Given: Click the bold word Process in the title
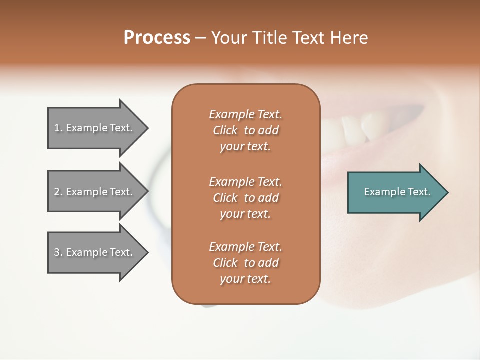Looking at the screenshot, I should tap(157, 37).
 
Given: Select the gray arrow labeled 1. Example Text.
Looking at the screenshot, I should tap(95, 128).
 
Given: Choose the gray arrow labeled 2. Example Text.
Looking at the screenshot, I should tap(95, 192).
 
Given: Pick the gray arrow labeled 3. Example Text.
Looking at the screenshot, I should tap(95, 252).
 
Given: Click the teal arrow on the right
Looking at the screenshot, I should tap(395, 192).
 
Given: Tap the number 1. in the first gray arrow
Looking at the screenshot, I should tap(58, 128).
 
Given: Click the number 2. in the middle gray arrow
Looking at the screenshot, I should tap(58, 192).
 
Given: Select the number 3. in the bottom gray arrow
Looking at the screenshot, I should tap(58, 252).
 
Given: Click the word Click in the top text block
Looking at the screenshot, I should tap(225, 130).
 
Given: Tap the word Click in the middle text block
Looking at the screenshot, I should tap(225, 198).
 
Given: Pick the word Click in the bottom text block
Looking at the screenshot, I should tap(225, 263).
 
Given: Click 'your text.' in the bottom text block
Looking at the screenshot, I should tap(245, 279).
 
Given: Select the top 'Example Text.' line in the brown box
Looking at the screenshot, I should tap(245, 114).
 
